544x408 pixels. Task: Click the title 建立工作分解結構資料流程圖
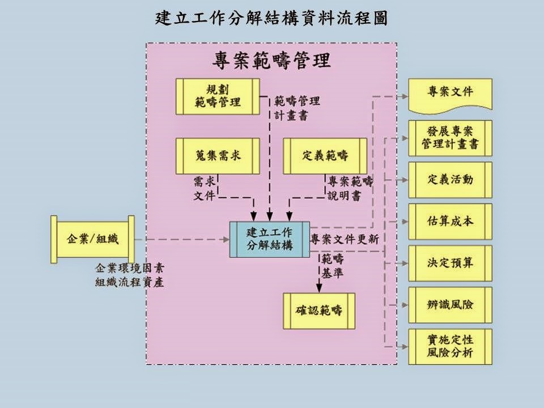coord(271,19)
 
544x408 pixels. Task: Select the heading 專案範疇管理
coord(271,59)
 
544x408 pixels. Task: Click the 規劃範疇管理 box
coord(218,96)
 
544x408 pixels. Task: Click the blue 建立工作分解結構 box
coord(270,239)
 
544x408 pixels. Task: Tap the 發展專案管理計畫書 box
coord(450,138)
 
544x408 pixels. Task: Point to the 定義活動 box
coord(450,180)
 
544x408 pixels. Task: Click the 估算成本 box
coord(450,222)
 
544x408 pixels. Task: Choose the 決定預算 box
coord(450,263)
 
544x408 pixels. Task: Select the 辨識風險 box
coord(450,305)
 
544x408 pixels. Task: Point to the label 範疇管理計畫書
coord(297,108)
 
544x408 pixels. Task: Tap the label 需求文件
coord(205,189)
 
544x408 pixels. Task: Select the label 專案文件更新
coord(345,239)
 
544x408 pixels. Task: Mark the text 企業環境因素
coord(130,268)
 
